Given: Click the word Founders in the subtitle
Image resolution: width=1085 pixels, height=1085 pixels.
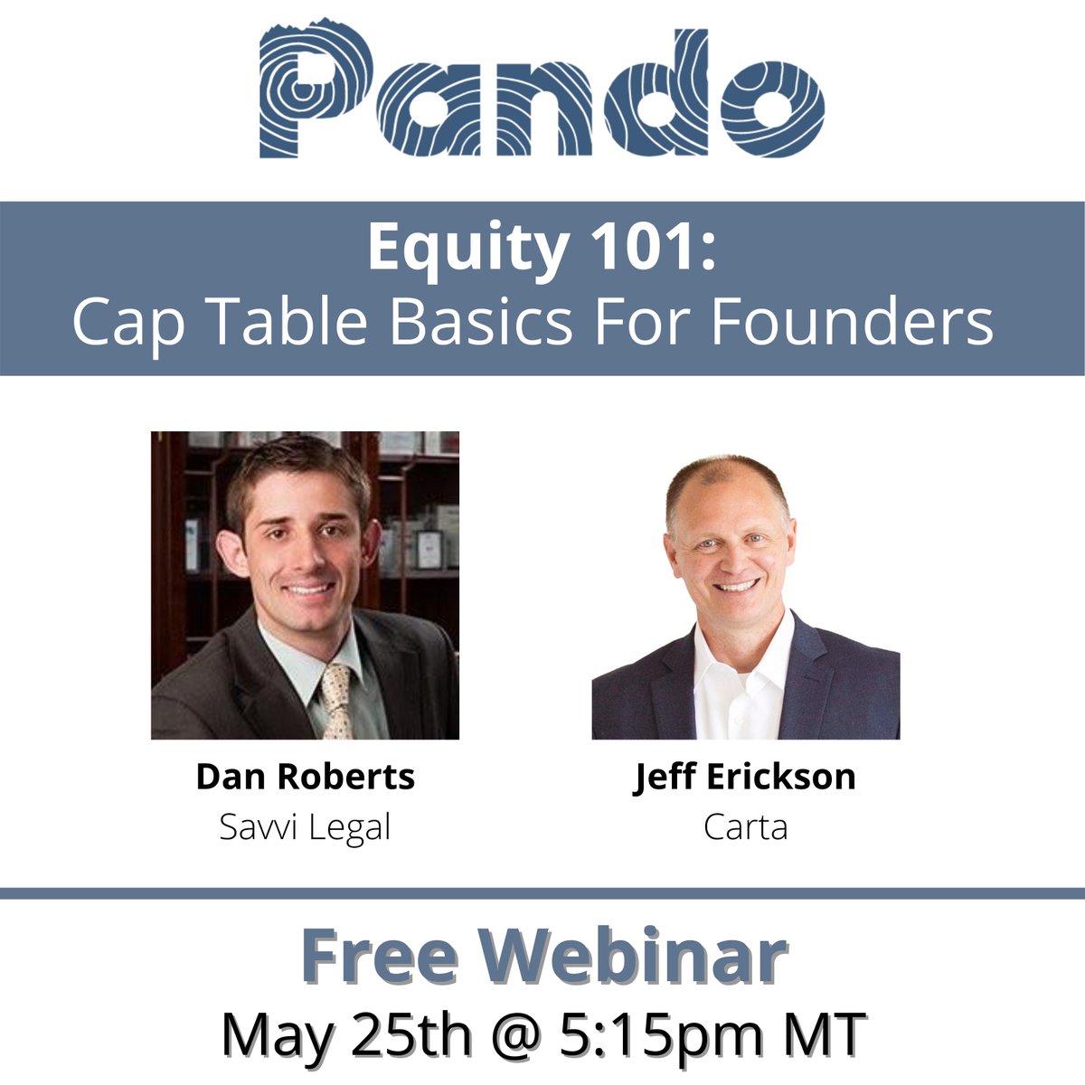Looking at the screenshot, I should tap(852, 323).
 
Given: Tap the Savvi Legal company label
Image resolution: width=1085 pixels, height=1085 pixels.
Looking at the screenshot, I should tap(306, 827).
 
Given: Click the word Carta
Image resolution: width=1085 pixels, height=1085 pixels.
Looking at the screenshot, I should tap(745, 827).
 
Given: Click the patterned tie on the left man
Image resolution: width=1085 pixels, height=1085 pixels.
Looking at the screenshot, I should tap(336, 701).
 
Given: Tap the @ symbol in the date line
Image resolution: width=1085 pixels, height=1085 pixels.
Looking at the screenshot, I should tap(508, 1035).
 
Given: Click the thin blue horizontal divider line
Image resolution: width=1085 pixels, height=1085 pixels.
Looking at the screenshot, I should tap(542, 892).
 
